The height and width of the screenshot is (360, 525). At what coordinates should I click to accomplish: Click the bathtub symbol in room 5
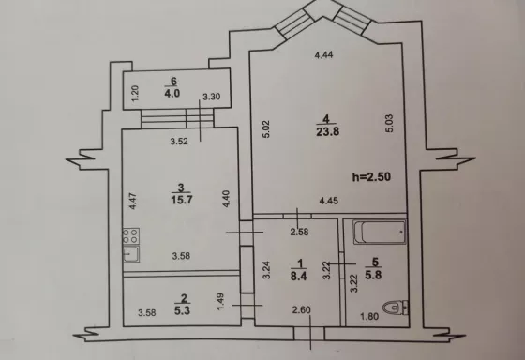[380, 232]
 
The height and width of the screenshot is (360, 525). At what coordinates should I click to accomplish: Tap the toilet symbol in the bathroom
[396, 307]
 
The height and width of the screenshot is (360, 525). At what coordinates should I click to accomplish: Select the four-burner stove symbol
[130, 235]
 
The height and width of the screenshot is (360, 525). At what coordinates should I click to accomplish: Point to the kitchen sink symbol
[131, 254]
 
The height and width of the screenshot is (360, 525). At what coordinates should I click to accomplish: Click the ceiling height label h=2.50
[371, 176]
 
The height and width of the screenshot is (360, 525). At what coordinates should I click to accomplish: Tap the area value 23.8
[327, 131]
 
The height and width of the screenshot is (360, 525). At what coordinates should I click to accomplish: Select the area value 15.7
[182, 200]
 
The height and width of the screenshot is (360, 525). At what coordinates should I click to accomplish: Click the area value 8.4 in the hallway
[299, 277]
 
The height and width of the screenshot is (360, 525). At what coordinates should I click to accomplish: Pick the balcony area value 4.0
[172, 93]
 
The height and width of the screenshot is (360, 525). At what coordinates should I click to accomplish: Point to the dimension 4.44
[323, 55]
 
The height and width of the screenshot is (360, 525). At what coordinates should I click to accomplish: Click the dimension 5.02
[266, 129]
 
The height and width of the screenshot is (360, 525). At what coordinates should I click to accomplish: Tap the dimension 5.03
[389, 124]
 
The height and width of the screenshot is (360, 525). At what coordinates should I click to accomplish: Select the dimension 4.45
[329, 201]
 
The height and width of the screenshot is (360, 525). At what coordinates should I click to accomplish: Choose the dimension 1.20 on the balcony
[135, 94]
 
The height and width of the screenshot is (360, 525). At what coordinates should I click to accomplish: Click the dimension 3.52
[179, 142]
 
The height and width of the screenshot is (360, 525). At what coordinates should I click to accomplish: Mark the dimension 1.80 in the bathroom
[369, 316]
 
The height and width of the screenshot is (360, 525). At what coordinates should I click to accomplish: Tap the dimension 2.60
[301, 310]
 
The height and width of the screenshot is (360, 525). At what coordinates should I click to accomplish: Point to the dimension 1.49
[220, 302]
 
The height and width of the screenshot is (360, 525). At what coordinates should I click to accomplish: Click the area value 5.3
[182, 310]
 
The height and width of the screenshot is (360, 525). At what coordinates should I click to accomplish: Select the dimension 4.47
[133, 201]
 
